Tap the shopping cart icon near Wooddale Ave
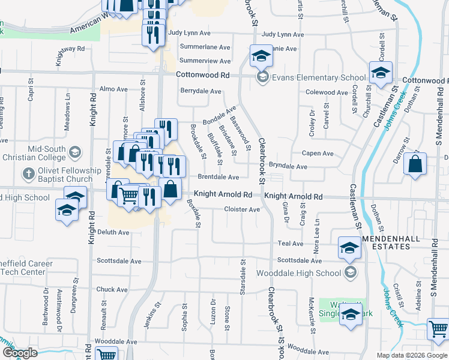pos(439,329)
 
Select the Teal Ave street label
pos(291,244)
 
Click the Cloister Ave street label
pos(242,209)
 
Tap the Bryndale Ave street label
pos(288,166)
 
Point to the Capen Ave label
pos(318,154)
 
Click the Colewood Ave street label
pos(327,92)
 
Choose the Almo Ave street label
pos(114,89)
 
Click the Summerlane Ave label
pos(205,47)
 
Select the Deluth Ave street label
pos(114,232)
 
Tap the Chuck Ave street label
pos(112,289)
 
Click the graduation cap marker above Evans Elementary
pos(261,57)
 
